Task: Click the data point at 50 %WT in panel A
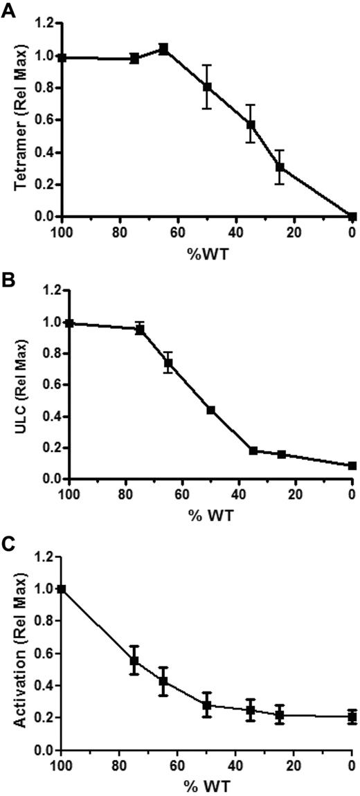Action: (x=207, y=87)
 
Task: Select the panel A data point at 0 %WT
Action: (x=352, y=216)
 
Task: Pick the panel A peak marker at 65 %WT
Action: (x=163, y=48)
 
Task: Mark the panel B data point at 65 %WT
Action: (x=168, y=362)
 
